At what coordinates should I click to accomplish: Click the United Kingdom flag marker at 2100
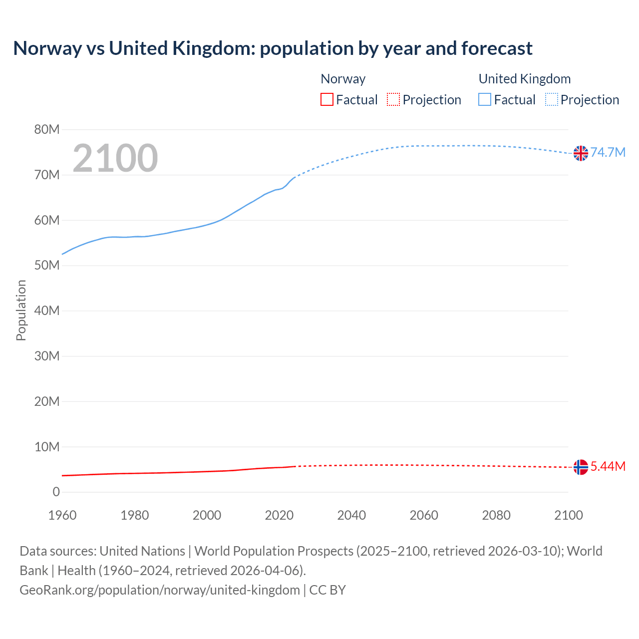coord(581,153)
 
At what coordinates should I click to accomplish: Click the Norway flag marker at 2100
coord(581,467)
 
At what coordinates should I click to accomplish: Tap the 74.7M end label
coord(608,153)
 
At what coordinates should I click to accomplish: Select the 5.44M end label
coord(608,466)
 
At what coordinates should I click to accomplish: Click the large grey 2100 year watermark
coord(115,158)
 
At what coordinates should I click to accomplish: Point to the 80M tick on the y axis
coord(47,130)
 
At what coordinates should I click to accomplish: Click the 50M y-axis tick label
coord(47,266)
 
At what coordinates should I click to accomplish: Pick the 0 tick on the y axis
coord(56,492)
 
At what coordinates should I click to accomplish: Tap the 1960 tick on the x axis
coord(62,515)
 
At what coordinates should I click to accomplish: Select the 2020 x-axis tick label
coord(279,515)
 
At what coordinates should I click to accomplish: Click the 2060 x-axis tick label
coord(424,515)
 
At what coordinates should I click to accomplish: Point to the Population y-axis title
coord(21,310)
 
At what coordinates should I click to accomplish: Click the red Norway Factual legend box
coord(326,100)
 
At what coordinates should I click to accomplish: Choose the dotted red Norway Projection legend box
coord(393,100)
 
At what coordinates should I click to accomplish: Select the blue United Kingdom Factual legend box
coord(485,100)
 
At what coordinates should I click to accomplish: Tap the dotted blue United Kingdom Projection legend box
coord(552,100)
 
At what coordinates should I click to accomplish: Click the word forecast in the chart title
coord(497,48)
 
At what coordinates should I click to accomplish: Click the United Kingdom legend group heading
coord(524,79)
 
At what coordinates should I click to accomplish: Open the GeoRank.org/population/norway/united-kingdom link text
coord(160,590)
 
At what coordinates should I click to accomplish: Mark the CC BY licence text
coord(327,590)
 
